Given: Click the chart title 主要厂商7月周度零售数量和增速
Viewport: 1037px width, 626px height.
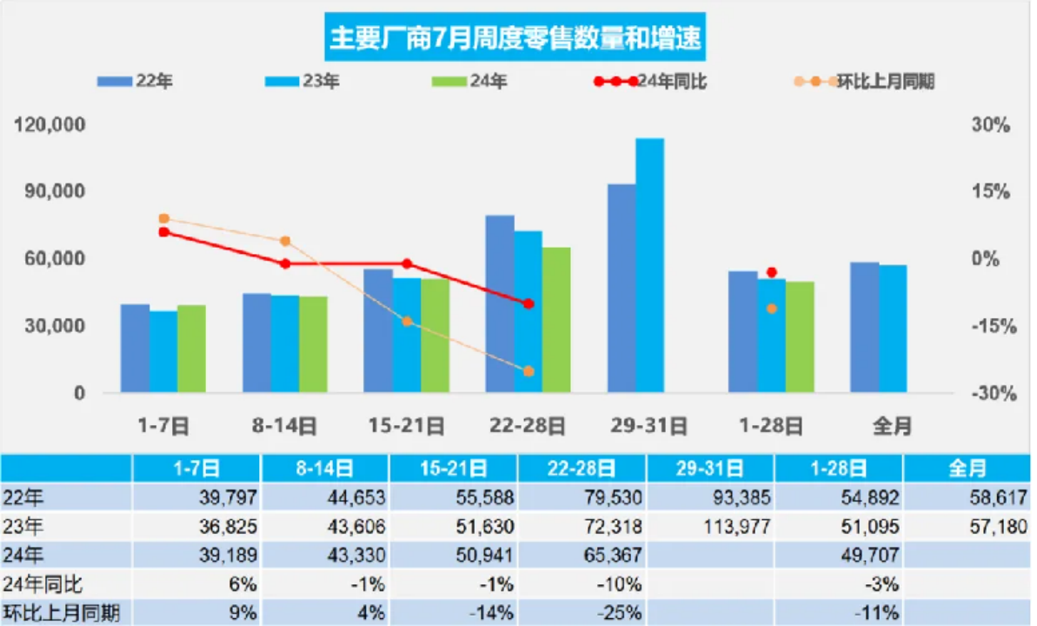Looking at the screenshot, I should click(x=516, y=37).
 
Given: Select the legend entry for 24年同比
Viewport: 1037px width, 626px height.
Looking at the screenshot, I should click(x=651, y=82).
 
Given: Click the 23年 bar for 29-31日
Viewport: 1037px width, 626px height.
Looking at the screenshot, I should click(x=649, y=265).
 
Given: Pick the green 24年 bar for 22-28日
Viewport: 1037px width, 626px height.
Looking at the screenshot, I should click(x=556, y=320).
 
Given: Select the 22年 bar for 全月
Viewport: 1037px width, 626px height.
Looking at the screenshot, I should click(x=864, y=327).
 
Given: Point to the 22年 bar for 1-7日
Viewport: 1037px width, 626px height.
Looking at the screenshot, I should click(x=135, y=349).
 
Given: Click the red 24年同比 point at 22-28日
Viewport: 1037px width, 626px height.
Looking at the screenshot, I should click(x=528, y=303).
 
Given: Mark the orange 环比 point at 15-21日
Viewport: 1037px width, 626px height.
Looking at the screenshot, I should click(x=407, y=322).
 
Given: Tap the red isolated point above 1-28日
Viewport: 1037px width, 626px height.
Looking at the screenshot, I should click(x=772, y=272).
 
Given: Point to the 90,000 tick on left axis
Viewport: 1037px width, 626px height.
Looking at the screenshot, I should click(x=51, y=192).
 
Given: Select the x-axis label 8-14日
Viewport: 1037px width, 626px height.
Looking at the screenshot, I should click(x=284, y=426).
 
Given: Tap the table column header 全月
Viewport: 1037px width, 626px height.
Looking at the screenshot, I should click(x=968, y=469).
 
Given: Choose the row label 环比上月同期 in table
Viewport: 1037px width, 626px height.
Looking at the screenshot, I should click(x=60, y=613).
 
